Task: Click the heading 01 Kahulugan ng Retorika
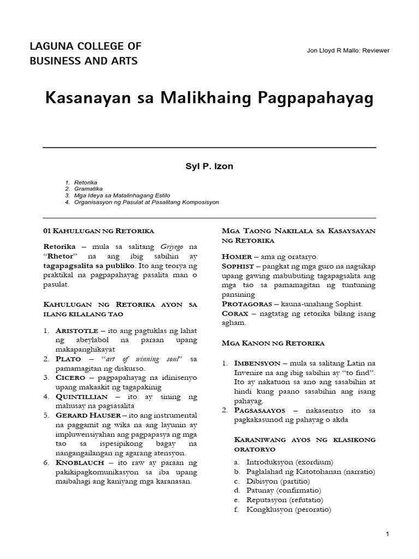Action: [x=98, y=230]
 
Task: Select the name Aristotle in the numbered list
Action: [x=76, y=331]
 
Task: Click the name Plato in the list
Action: [x=68, y=359]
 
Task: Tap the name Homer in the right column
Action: [x=236, y=256]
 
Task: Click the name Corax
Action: [x=235, y=313]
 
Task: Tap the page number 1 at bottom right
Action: [x=387, y=534]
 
